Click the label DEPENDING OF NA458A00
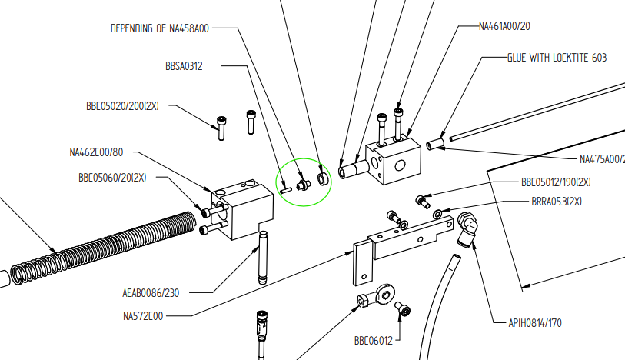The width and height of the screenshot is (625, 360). [x=160, y=28]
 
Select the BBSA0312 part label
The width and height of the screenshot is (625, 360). [x=184, y=66]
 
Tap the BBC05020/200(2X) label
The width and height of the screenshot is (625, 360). [x=122, y=107]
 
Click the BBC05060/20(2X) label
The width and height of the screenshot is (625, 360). [x=112, y=177]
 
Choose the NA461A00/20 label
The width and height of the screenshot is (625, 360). [x=504, y=25]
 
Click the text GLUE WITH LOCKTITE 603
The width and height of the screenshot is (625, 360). [x=557, y=58]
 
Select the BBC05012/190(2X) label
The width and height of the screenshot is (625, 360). [x=556, y=183]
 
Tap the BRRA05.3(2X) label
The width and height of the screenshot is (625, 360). [x=557, y=201]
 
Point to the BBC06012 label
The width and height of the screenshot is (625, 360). [x=374, y=340]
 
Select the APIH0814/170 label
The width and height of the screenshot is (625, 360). [x=535, y=323]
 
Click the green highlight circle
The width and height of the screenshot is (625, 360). [x=304, y=182]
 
